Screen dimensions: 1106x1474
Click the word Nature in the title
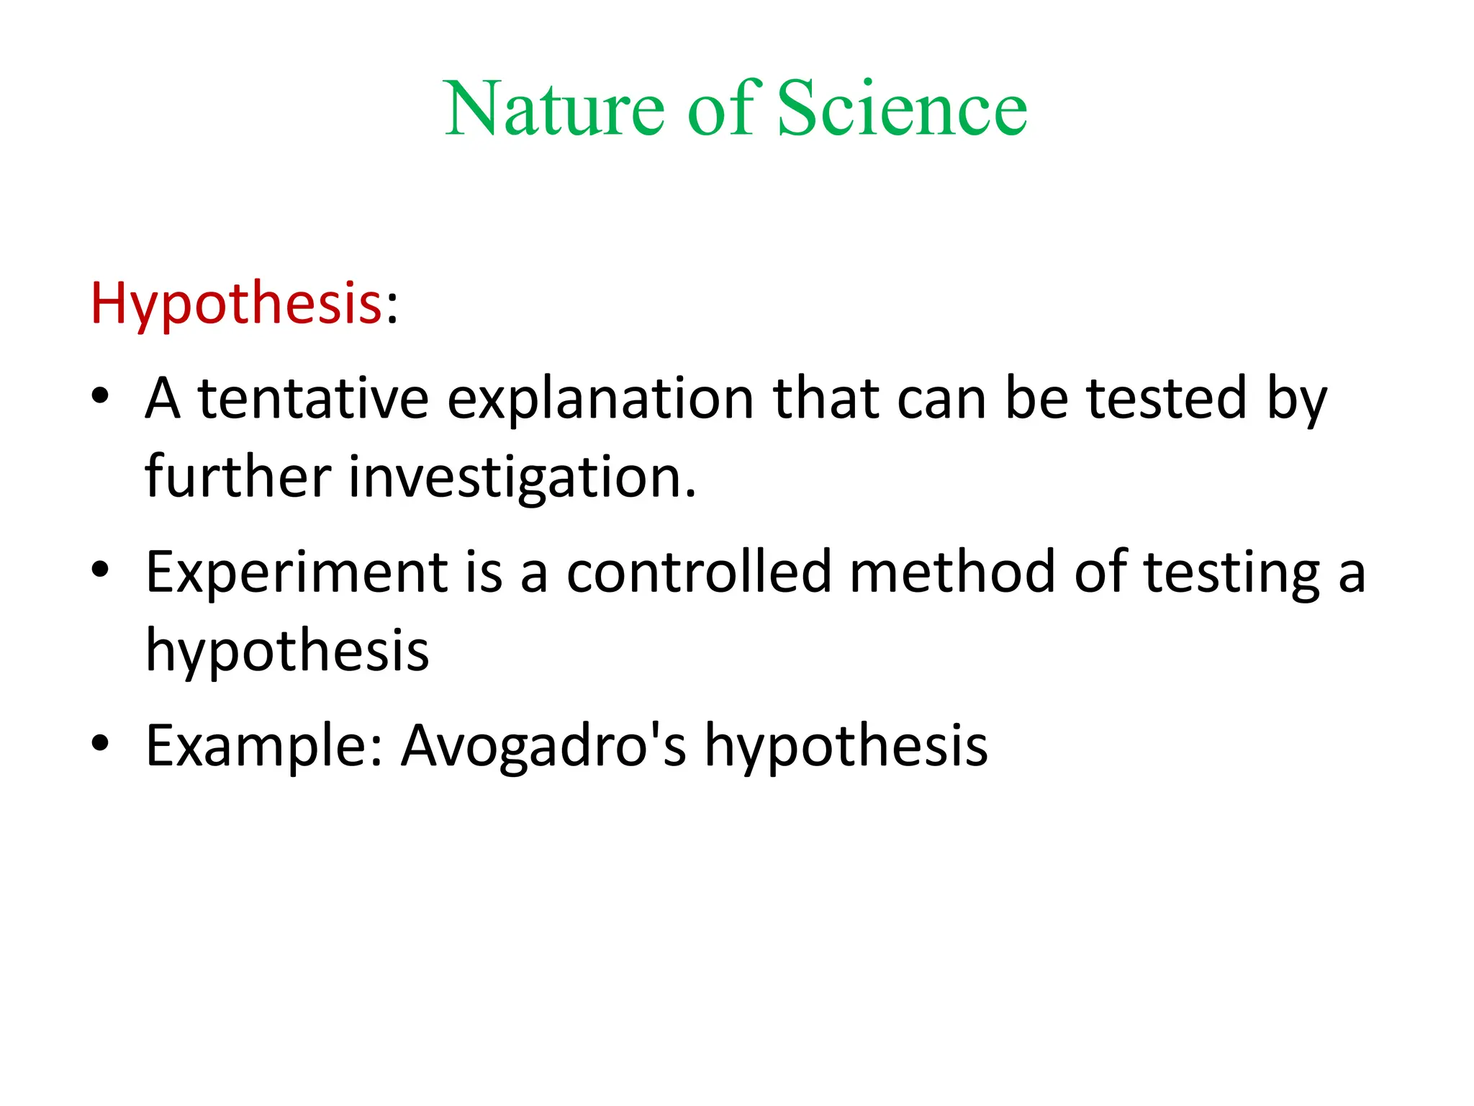554,109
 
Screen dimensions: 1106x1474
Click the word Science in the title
902,109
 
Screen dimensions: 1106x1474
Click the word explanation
600,400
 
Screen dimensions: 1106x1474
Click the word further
238,477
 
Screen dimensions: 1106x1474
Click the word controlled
698,572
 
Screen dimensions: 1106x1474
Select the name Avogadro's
543,746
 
